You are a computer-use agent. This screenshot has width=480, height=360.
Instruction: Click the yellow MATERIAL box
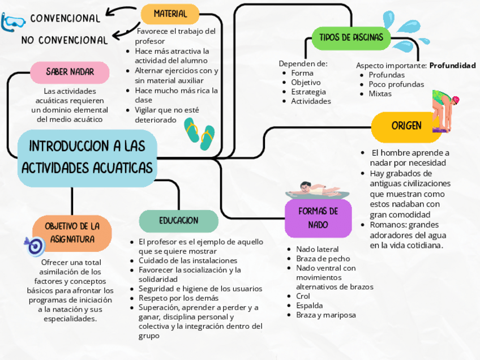170,14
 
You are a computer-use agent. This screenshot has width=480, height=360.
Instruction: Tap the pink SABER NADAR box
70,72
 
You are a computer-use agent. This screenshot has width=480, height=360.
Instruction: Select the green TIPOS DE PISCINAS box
351,37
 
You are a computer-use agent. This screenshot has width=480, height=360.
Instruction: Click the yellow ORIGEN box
406,125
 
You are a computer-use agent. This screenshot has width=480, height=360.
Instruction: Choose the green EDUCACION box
178,221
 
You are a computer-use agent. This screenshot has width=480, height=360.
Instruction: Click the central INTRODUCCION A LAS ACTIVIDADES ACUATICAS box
87,158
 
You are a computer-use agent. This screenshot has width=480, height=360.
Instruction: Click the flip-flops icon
200,134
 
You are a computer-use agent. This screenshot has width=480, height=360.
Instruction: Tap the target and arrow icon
35,245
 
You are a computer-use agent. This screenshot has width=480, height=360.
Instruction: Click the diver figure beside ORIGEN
445,110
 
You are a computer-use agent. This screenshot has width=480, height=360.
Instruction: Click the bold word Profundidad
452,66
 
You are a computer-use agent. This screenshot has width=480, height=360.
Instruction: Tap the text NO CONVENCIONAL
65,40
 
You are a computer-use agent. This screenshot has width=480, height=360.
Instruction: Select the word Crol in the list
303,296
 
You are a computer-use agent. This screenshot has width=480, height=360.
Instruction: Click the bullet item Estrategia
308,92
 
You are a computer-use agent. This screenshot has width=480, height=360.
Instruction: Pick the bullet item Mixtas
380,94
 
